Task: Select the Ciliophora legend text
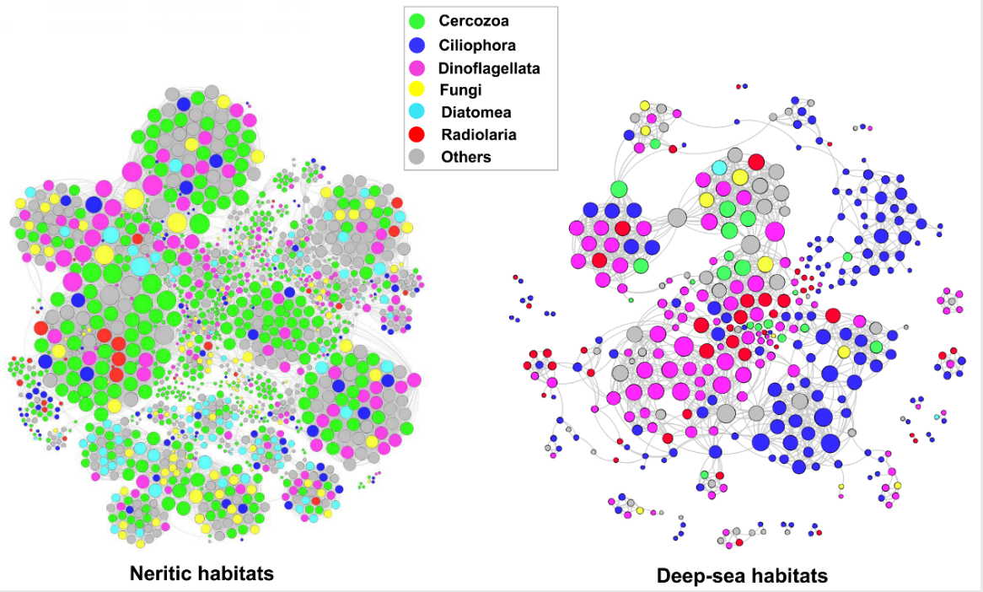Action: click(x=477, y=45)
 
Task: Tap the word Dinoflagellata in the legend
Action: click(x=489, y=67)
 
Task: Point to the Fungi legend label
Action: click(x=459, y=89)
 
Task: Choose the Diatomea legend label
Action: click(x=475, y=111)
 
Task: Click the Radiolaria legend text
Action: click(x=478, y=134)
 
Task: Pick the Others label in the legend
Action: click(x=465, y=156)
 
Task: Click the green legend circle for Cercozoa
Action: click(x=416, y=22)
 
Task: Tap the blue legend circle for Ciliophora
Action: click(x=416, y=45)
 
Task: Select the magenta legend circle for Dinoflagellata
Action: click(x=416, y=67)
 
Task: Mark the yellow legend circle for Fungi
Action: click(x=416, y=89)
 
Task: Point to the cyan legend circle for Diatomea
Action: click(x=416, y=111)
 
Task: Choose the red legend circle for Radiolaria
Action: click(x=416, y=134)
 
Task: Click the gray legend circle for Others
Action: click(x=416, y=156)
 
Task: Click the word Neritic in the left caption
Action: click(x=163, y=574)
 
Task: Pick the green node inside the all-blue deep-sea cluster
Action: click(x=847, y=256)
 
